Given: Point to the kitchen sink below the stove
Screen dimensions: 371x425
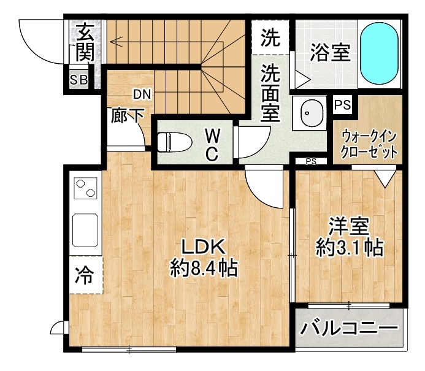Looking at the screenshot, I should click(x=85, y=229).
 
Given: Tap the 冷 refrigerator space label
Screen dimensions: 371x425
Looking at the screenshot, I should click(x=84, y=276).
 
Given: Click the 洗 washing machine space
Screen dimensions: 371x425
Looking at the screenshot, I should click(x=269, y=39).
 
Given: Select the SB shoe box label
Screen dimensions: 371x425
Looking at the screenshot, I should click(x=78, y=80).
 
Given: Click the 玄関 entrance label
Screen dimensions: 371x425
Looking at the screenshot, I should click(x=84, y=42).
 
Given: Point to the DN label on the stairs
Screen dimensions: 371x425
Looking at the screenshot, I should click(x=142, y=94).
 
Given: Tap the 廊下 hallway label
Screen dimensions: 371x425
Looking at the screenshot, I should click(x=128, y=117).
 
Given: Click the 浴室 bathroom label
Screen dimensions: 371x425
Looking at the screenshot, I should click(x=330, y=53).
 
